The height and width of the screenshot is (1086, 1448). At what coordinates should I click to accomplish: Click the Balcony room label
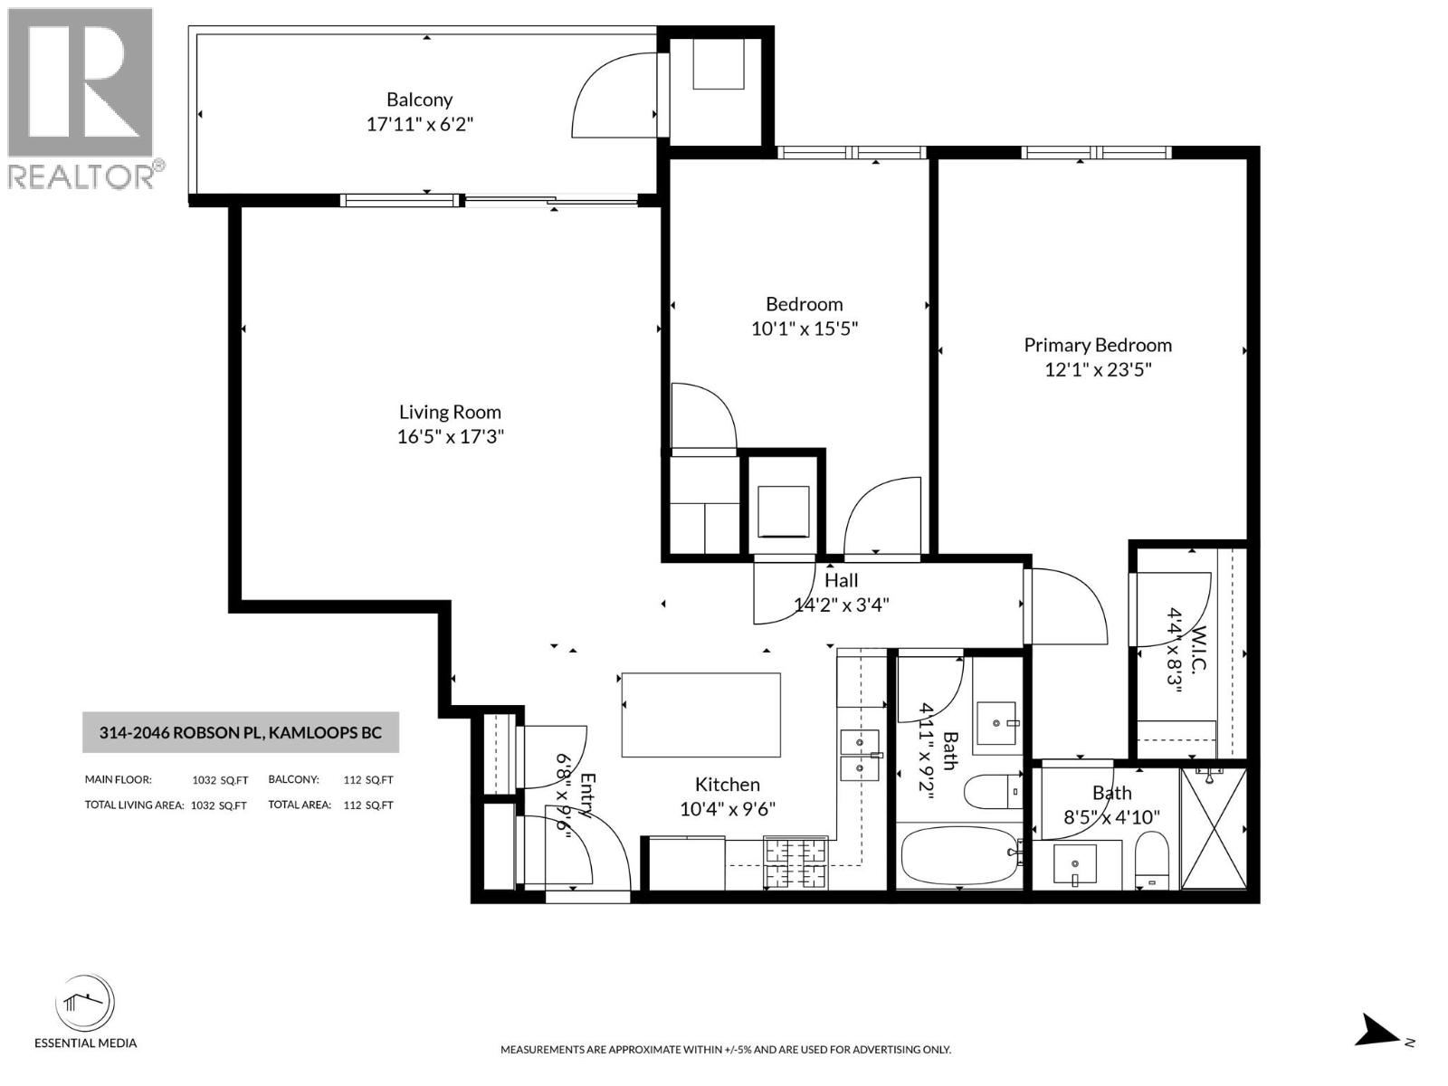pyautogui.click(x=419, y=100)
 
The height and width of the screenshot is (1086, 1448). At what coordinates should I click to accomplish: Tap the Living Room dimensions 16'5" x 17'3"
pyautogui.click(x=450, y=436)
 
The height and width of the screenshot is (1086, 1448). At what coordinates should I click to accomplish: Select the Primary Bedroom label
pyautogui.click(x=1097, y=345)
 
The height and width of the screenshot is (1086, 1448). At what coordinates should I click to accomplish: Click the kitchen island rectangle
pyautogui.click(x=700, y=714)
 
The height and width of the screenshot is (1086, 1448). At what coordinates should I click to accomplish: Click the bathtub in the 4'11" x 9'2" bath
pyautogui.click(x=957, y=855)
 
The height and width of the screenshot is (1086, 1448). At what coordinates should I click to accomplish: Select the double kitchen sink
pyautogui.click(x=860, y=755)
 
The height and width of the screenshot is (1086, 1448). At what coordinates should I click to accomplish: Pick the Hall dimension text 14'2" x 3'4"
pyautogui.click(x=841, y=605)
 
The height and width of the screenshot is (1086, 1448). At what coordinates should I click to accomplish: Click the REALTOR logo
pyautogui.click(x=83, y=98)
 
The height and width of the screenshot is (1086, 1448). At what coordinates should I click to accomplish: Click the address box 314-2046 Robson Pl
pyautogui.click(x=240, y=733)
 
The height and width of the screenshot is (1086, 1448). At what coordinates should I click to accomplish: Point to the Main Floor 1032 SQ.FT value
pyautogui.click(x=220, y=780)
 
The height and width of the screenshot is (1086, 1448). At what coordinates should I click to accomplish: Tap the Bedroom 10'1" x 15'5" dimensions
pyautogui.click(x=804, y=329)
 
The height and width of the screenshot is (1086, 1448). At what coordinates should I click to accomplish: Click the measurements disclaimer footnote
pyautogui.click(x=725, y=1050)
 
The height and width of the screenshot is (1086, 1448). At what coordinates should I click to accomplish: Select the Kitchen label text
pyautogui.click(x=727, y=785)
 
